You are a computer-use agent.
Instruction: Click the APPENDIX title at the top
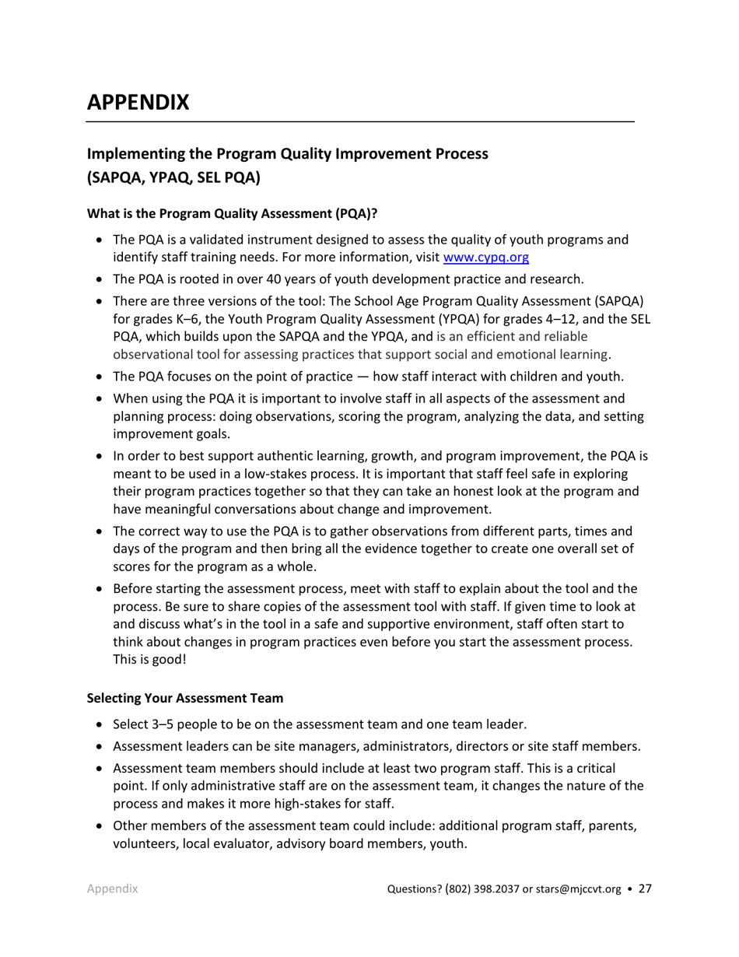pyautogui.click(x=136, y=102)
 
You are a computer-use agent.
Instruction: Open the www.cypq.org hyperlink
pyautogui.click(x=486, y=256)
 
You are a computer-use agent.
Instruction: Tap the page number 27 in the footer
pyautogui.click(x=645, y=890)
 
